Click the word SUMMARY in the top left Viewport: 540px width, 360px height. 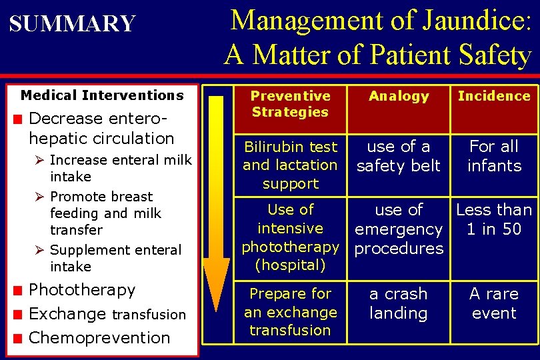pyautogui.click(x=72, y=24)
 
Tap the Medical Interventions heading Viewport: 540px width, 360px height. pyautogui.click(x=102, y=95)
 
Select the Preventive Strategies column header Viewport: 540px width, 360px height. pyautogui.click(x=290, y=105)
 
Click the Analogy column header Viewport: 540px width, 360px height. pyautogui.click(x=399, y=96)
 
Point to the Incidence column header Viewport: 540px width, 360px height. pyautogui.click(x=494, y=96)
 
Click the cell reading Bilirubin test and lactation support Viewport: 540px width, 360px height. pyautogui.click(x=290, y=165)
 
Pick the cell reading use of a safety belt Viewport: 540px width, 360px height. pyautogui.click(x=399, y=156)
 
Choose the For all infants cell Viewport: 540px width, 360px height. pyautogui.click(x=494, y=156)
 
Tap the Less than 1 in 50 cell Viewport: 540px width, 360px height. pyautogui.click(x=494, y=219)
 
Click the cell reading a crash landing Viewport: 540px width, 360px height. pyautogui.click(x=399, y=303)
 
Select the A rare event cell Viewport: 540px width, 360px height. pyautogui.click(x=494, y=303)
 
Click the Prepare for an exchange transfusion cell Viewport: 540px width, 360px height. pyautogui.click(x=290, y=311)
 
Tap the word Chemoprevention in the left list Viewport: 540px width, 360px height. pyautogui.click(x=99, y=338)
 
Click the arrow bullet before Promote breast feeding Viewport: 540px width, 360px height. pyautogui.click(x=40, y=197)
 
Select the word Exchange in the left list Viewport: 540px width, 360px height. pyautogui.click(x=67, y=314)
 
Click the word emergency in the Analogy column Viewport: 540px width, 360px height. pyautogui.click(x=399, y=229)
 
